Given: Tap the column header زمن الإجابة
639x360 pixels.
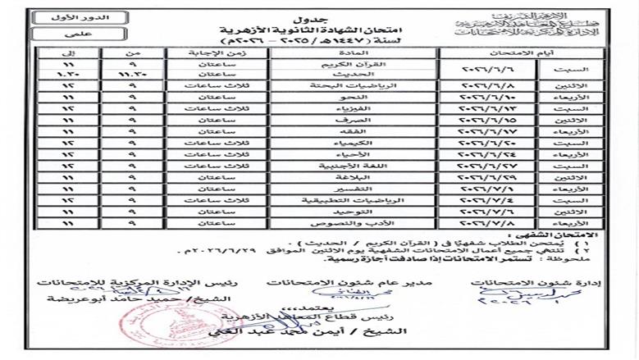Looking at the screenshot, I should [x=200, y=51].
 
